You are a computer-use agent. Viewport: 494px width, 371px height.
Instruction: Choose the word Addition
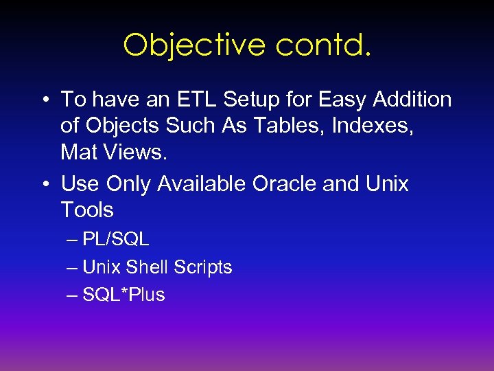click(x=412, y=100)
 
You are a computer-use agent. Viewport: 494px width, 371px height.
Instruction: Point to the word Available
click(x=202, y=184)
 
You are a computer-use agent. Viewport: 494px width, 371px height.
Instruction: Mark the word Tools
click(x=87, y=210)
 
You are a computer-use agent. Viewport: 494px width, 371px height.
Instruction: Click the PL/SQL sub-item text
click(x=115, y=240)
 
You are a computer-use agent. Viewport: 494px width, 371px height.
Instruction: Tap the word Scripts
click(x=202, y=267)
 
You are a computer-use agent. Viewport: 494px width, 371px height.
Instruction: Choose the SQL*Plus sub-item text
click(x=123, y=295)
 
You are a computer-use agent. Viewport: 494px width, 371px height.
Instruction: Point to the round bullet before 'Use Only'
click(x=44, y=185)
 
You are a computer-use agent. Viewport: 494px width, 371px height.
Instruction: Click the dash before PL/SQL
click(x=73, y=240)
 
